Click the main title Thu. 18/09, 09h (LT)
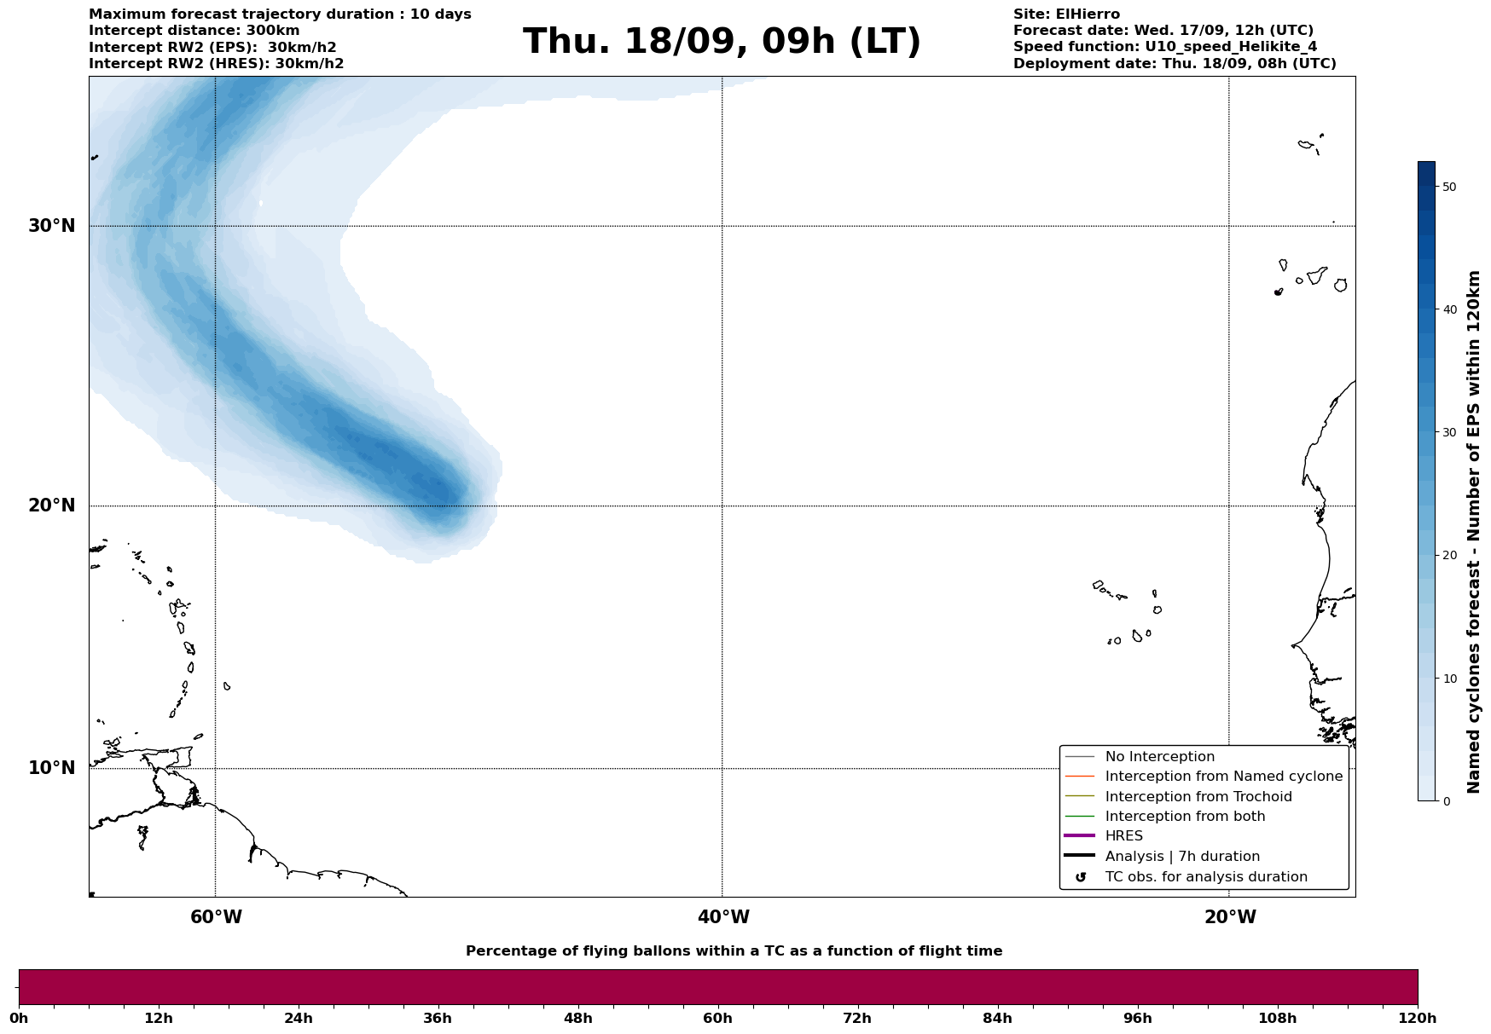[x=722, y=42]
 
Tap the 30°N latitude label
[x=52, y=226]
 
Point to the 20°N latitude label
[x=52, y=505]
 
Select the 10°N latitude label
[x=52, y=768]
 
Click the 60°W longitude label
[x=216, y=917]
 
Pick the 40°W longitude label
[x=723, y=917]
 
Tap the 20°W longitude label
[x=1230, y=917]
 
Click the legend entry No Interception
[x=1159, y=757]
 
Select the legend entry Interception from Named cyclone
[x=1223, y=777]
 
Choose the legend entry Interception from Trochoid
[x=1198, y=797]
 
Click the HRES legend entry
[x=1123, y=836]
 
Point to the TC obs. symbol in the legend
[x=1081, y=877]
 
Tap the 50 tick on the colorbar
[x=1448, y=187]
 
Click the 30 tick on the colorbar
[x=1448, y=432]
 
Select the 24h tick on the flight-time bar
[x=299, y=1018]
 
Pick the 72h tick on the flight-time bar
[x=857, y=1018]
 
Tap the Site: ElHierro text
[x=1066, y=14]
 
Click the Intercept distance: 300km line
[x=194, y=31]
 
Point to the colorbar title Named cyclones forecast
[x=1474, y=532]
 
